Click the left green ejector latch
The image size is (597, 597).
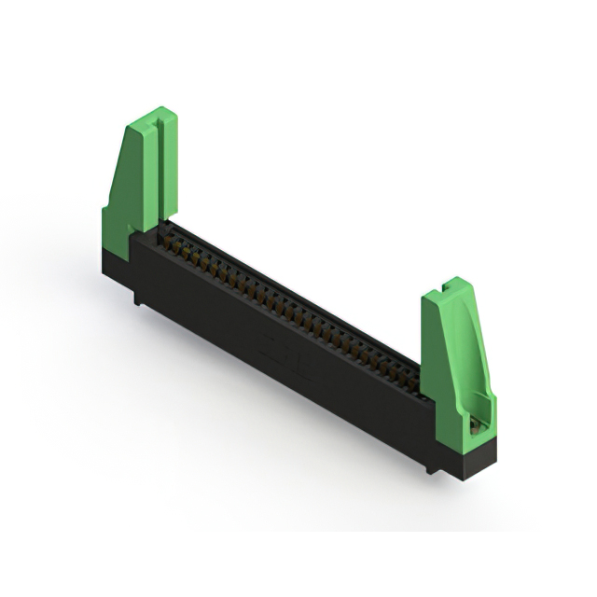140,182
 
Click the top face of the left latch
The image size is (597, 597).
150,116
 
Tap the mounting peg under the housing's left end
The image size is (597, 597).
138,298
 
